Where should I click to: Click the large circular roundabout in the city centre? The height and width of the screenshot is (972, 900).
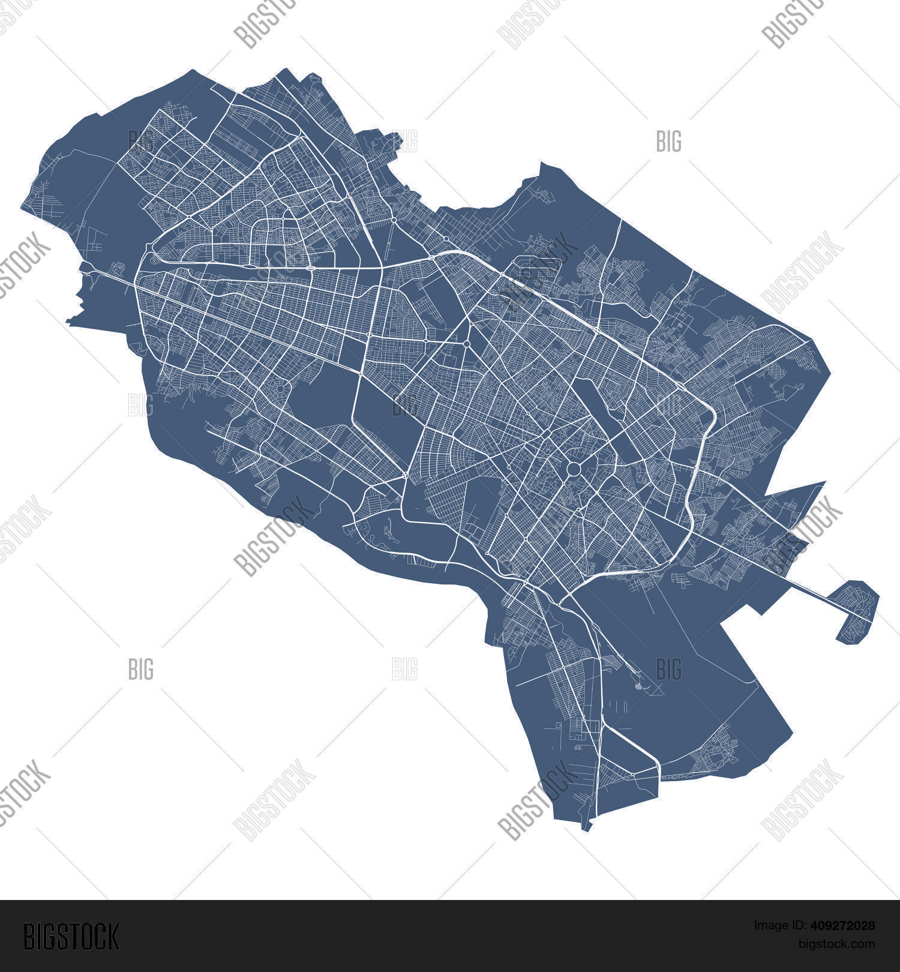tap(573, 469)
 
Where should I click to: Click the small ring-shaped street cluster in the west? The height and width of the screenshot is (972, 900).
tap(280, 389)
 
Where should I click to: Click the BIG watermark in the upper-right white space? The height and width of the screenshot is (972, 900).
tap(669, 142)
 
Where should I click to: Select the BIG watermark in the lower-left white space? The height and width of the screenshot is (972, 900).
tap(141, 669)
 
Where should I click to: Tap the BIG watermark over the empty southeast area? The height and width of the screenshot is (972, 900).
tap(669, 669)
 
